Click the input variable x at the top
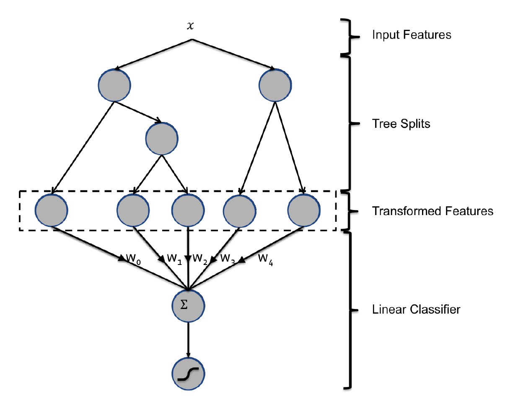192,26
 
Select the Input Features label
412,34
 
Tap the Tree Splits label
401,124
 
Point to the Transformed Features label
432,210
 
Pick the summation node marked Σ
188,306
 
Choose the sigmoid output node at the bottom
189,374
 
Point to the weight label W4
266,259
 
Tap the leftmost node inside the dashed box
52,210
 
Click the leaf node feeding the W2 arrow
188,210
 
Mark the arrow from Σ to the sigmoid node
188,340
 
